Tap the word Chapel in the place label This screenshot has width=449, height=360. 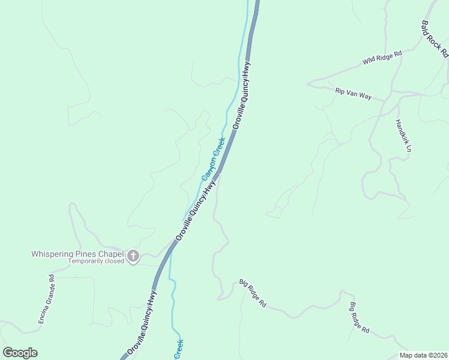109,254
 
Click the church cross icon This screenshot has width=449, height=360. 133,257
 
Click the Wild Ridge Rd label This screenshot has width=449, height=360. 382,58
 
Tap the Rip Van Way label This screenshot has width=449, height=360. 354,92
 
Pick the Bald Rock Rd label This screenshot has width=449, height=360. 435,38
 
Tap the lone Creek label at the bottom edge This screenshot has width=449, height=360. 178,349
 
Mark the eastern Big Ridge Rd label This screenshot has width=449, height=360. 360,318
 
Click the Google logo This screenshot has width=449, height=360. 20,353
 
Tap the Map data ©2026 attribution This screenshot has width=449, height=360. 423,355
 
